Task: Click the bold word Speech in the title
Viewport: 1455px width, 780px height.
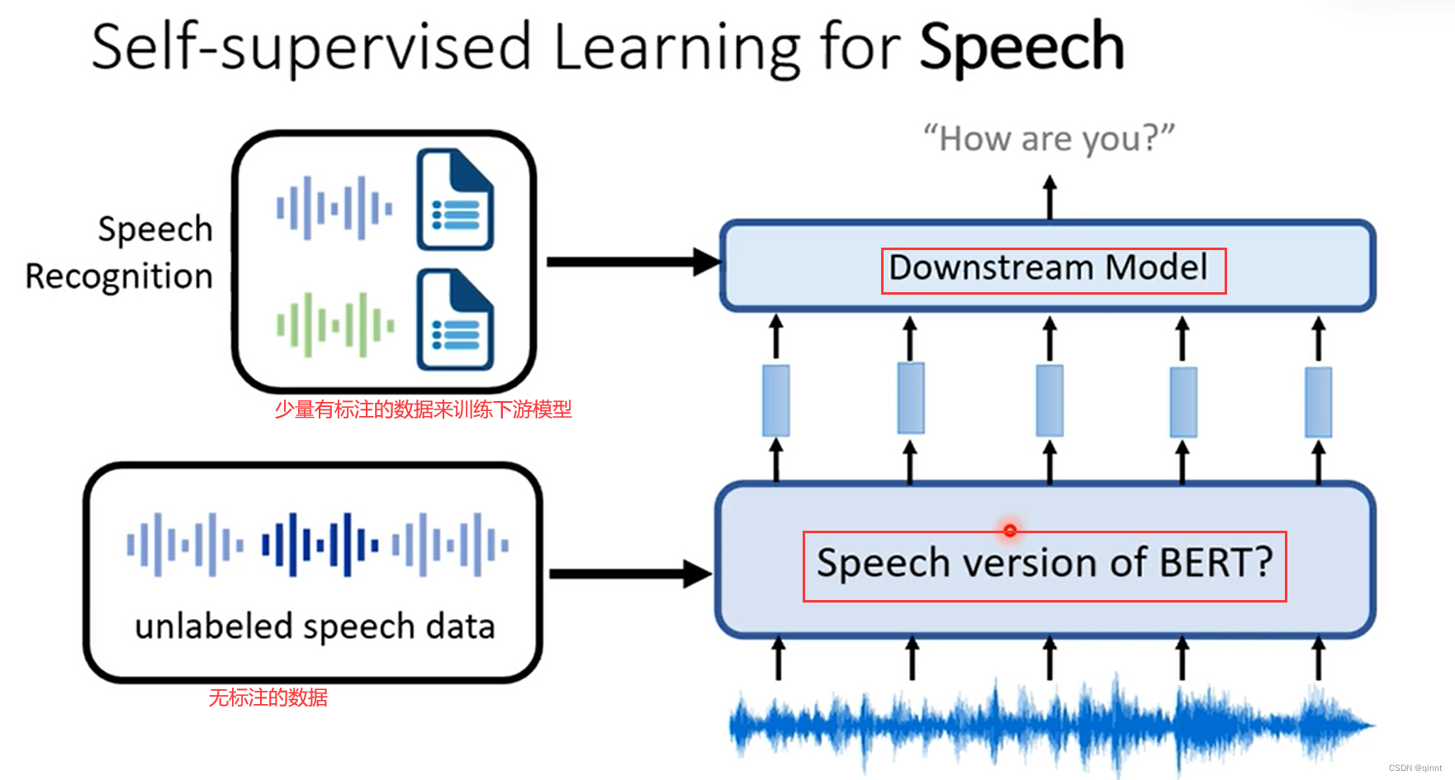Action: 1021,48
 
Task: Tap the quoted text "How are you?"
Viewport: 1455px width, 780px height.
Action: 1049,139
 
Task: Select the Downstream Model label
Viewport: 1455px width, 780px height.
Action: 1048,268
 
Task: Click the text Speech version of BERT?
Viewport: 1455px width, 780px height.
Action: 1045,564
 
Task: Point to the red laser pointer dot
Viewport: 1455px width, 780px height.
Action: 1010,530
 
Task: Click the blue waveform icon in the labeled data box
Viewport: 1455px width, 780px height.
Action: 334,208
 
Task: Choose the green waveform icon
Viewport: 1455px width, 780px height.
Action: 334,324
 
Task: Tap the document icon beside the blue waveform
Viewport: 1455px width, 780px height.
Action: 455,200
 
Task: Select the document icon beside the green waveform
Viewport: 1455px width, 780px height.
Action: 455,320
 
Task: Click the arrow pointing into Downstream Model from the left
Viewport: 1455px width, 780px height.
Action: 632,262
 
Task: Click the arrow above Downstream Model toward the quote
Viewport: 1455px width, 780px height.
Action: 1050,196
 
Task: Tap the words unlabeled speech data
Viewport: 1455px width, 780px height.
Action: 315,627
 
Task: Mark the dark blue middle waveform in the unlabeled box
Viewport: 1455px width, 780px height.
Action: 320,545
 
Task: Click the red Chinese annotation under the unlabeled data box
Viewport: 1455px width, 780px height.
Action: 268,698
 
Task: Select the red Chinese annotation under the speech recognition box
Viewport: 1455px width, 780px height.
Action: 423,409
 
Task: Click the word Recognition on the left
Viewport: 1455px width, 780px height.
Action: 120,277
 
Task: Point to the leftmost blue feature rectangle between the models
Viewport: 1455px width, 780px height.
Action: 775,400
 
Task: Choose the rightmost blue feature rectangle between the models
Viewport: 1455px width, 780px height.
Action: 1318,402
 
